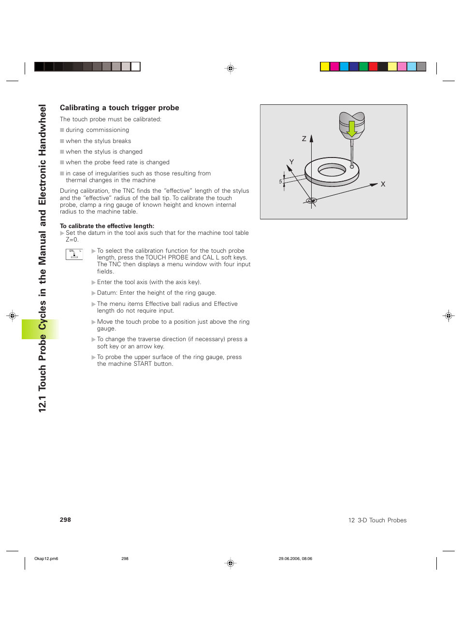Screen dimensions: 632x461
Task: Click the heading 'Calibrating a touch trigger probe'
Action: coord(119,108)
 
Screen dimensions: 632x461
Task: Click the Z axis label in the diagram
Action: coord(304,139)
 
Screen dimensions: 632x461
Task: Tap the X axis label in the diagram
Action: coord(383,184)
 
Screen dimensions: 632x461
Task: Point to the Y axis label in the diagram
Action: coord(291,162)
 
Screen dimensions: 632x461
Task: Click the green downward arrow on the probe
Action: coord(352,129)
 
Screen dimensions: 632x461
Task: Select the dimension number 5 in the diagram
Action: coord(280,182)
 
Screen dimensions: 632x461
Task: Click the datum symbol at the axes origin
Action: coord(312,201)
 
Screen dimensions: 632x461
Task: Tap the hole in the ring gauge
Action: coord(332,170)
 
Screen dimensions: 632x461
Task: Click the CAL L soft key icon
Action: coord(74,254)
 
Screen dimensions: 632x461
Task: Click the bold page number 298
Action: coord(65,520)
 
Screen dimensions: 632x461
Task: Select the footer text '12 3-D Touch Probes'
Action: coord(377,520)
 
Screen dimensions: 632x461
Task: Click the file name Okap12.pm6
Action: coord(46,559)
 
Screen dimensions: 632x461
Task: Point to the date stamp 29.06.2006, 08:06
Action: coord(295,559)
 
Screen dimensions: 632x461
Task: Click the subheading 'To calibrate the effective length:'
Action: coord(107,226)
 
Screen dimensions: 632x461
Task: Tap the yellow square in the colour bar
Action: coord(325,67)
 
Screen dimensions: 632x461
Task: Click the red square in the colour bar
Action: coord(373,67)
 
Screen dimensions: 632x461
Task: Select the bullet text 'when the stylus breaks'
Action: coord(98,141)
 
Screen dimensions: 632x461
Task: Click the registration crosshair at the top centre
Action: coord(230,69)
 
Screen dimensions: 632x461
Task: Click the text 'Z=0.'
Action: coord(72,240)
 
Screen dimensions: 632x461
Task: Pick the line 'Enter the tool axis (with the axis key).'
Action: coord(149,282)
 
